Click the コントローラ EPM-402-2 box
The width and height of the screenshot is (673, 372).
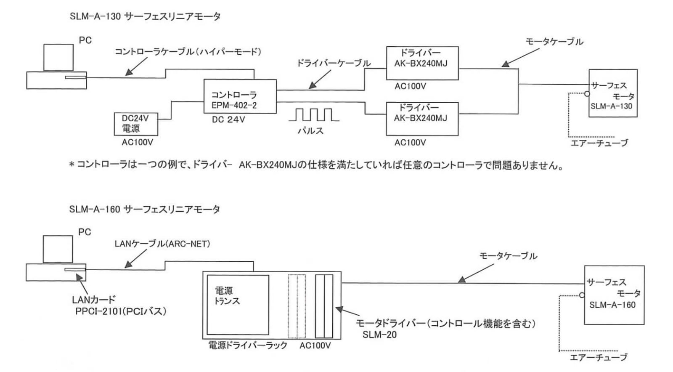click(240, 96)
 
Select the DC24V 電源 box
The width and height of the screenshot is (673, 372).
click(136, 124)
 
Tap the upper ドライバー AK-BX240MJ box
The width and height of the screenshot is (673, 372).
click(422, 63)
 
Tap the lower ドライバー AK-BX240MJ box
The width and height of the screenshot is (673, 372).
click(422, 119)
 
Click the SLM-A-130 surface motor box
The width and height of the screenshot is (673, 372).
click(613, 93)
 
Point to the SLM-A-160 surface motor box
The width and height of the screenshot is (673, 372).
click(614, 295)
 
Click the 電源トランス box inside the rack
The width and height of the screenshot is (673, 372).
click(238, 305)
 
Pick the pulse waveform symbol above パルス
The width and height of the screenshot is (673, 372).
click(314, 115)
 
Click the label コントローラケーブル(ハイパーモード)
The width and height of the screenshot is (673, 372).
click(188, 52)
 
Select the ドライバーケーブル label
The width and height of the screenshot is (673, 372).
click(334, 63)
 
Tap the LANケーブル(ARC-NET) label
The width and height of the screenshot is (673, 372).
click(162, 244)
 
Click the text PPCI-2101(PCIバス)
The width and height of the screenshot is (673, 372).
click(121, 311)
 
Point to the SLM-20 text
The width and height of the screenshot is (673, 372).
click(379, 335)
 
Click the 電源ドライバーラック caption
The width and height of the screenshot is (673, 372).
click(248, 345)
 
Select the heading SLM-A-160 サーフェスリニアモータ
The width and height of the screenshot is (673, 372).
click(145, 209)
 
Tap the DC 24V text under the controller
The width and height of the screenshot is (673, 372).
click(228, 120)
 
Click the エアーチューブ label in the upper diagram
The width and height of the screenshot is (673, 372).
click(599, 143)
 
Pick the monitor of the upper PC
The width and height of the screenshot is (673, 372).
click(58, 57)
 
